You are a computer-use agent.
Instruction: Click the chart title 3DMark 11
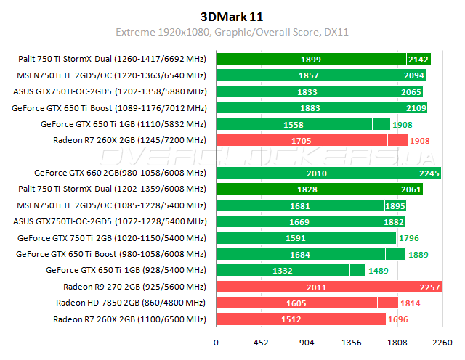pyautogui.click(x=232, y=15)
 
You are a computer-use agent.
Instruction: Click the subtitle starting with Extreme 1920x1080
pyautogui.click(x=232, y=32)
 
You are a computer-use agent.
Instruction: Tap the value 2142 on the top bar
pyautogui.click(x=419, y=60)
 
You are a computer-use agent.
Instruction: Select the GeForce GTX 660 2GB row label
pyautogui.click(x=121, y=173)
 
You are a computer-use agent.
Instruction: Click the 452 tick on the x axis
pyautogui.click(x=261, y=343)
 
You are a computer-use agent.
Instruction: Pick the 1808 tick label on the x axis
pyautogui.click(x=397, y=343)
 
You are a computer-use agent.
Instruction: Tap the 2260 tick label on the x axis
pyautogui.click(x=443, y=343)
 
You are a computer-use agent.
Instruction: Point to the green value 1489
pyautogui.click(x=381, y=271)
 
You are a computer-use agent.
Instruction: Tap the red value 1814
pyautogui.click(x=411, y=303)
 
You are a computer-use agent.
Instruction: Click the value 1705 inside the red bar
pyautogui.click(x=301, y=140)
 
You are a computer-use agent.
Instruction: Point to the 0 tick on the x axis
pyautogui.click(x=216, y=343)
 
